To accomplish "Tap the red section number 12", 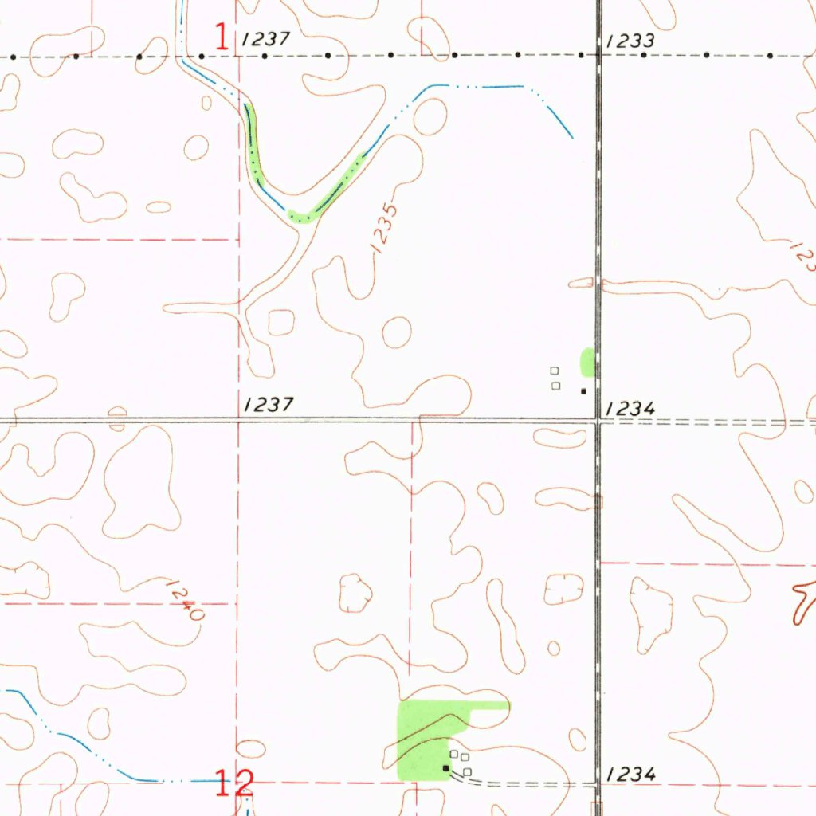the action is click(x=235, y=783).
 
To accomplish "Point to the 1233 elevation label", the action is click(x=630, y=41).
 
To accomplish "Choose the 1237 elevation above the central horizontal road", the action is click(x=269, y=405).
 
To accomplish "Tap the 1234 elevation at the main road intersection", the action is click(x=630, y=408).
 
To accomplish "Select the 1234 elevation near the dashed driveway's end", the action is click(x=630, y=774).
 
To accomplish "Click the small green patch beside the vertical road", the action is click(x=587, y=362).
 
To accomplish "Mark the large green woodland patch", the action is click(x=430, y=733).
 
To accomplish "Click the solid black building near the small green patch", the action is click(x=583, y=391).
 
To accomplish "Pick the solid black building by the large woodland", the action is click(x=446, y=768).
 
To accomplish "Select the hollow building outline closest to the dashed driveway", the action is click(x=468, y=771).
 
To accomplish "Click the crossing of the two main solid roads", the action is click(x=598, y=420).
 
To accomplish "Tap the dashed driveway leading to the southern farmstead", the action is click(x=526, y=783).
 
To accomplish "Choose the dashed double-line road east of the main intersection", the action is click(x=709, y=422).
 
